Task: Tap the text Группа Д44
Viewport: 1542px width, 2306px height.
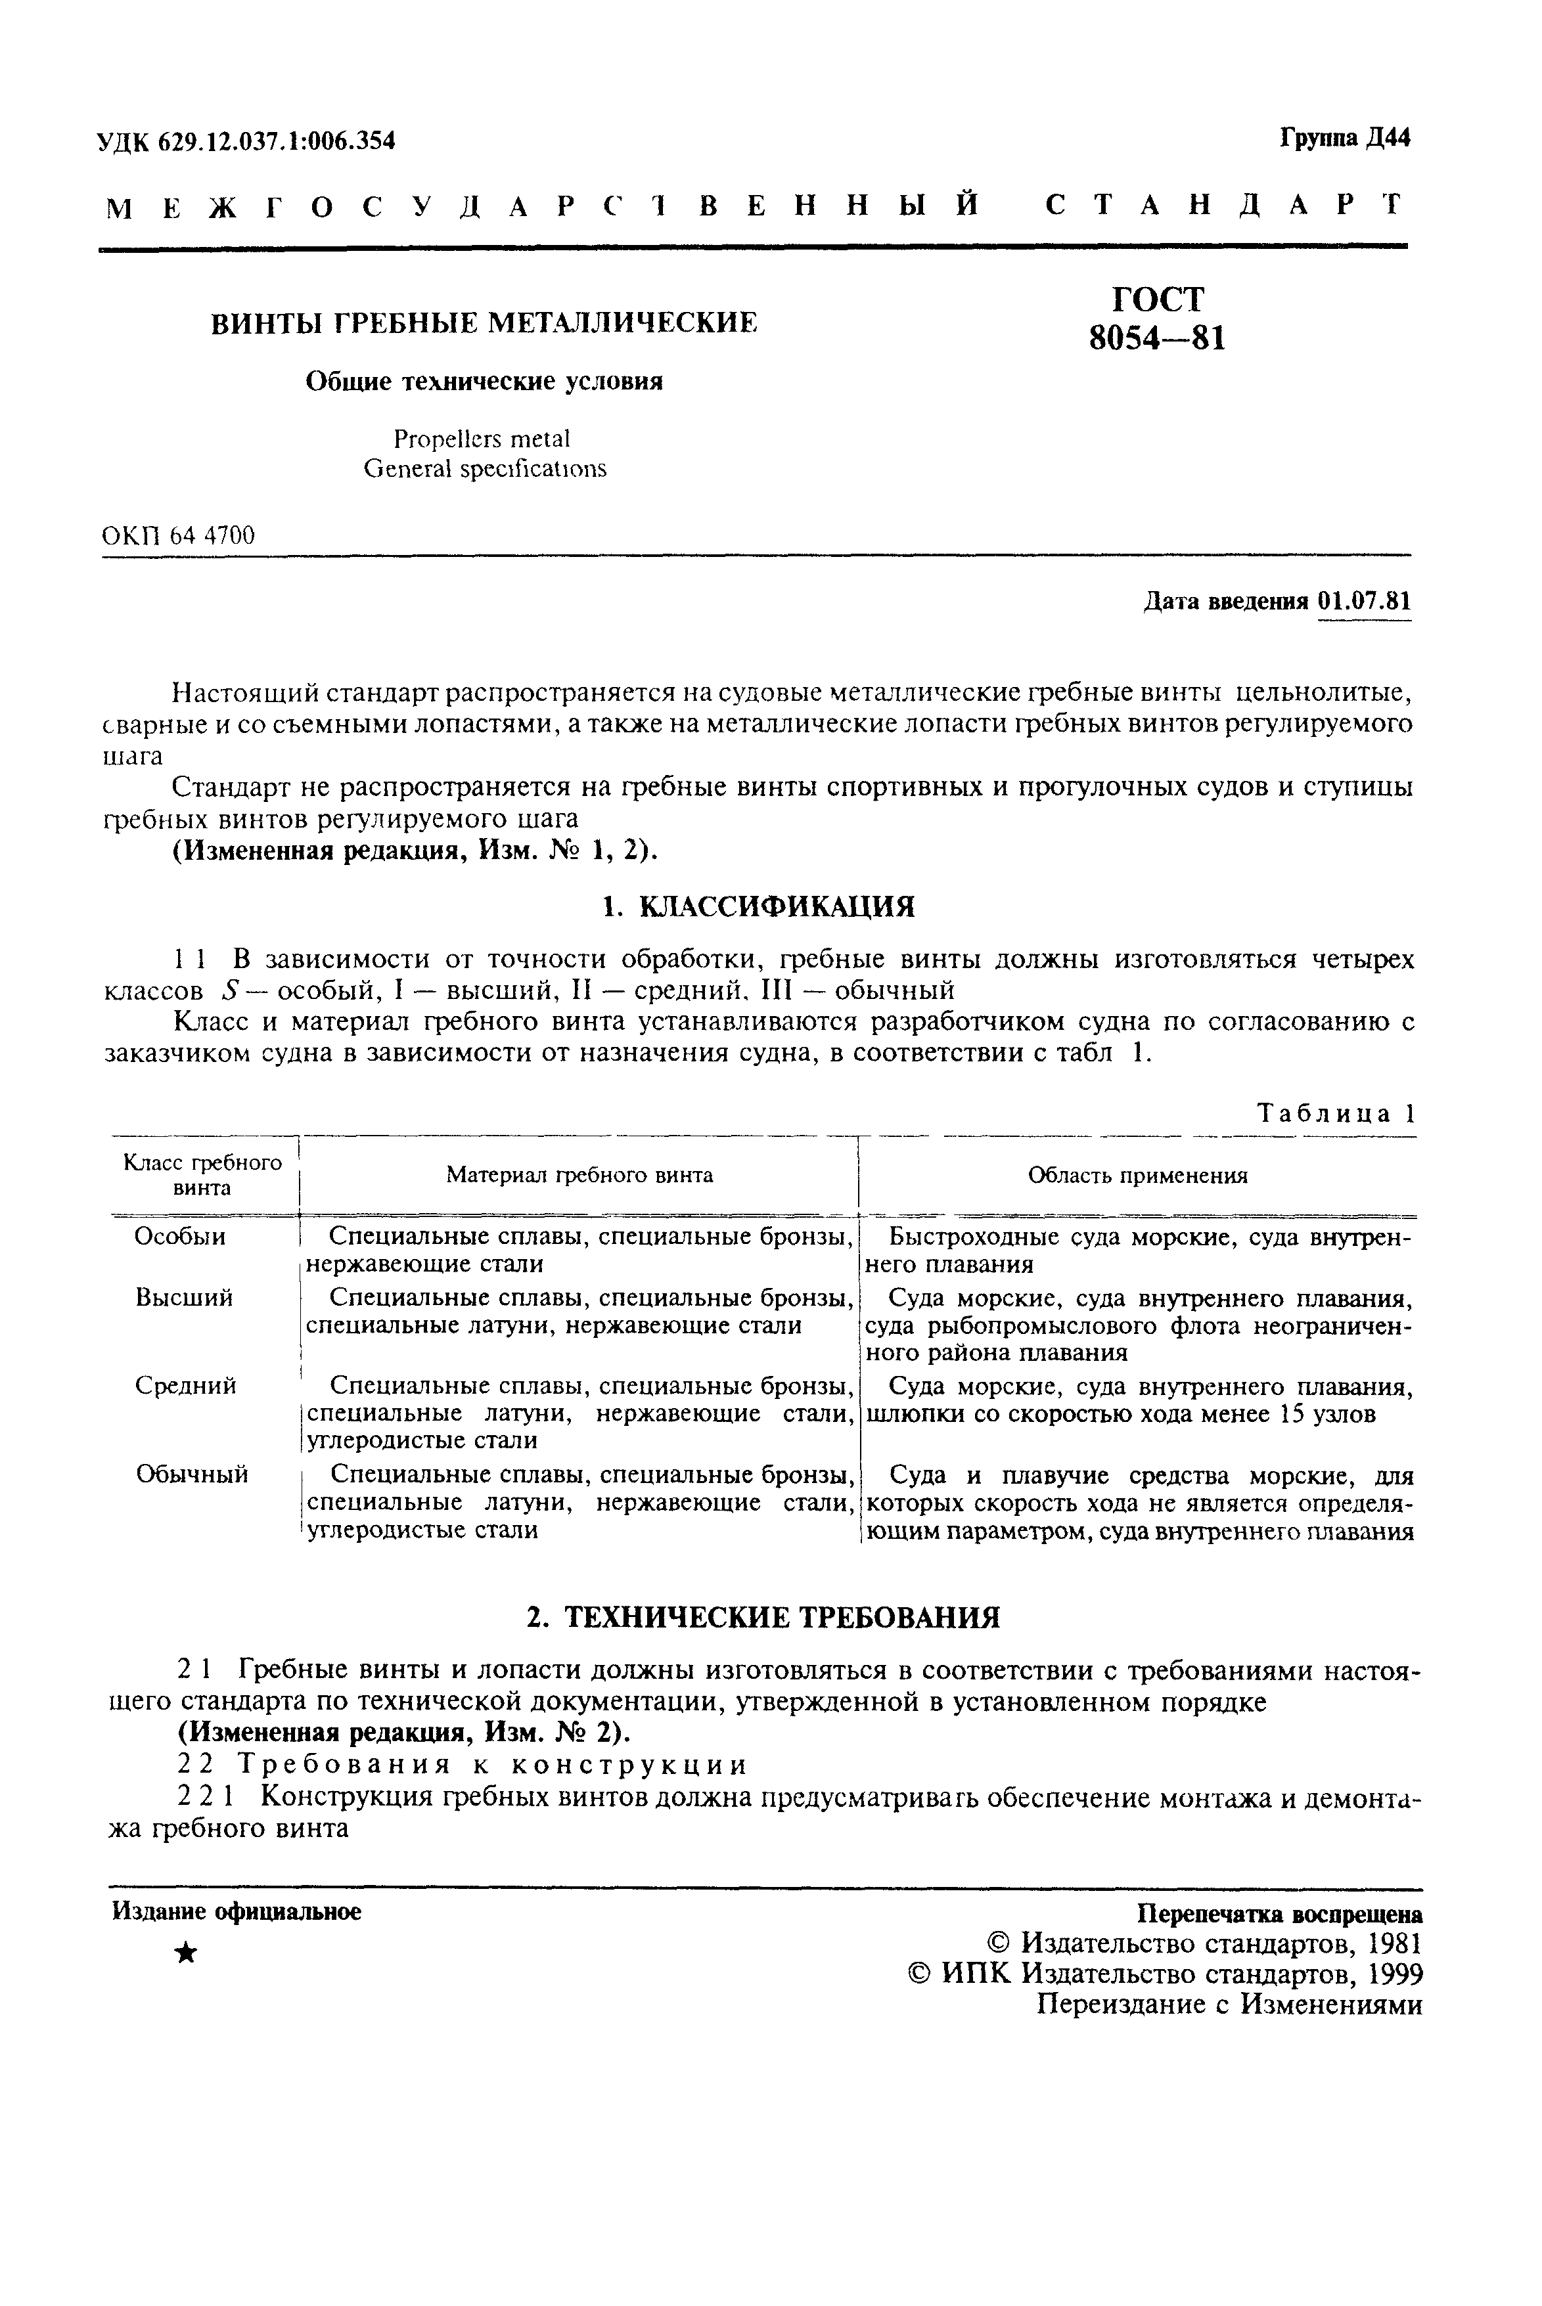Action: (x=1344, y=139)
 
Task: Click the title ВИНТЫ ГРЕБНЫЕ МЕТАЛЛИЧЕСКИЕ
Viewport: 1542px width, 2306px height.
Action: (x=485, y=322)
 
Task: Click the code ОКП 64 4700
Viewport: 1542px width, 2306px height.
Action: (x=178, y=536)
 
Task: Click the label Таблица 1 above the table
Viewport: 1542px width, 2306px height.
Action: (x=1336, y=1114)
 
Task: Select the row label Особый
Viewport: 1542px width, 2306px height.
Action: (x=180, y=1237)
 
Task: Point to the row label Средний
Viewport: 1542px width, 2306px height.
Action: (x=186, y=1386)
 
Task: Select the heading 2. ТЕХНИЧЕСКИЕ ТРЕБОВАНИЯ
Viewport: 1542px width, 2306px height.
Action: (x=763, y=1618)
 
